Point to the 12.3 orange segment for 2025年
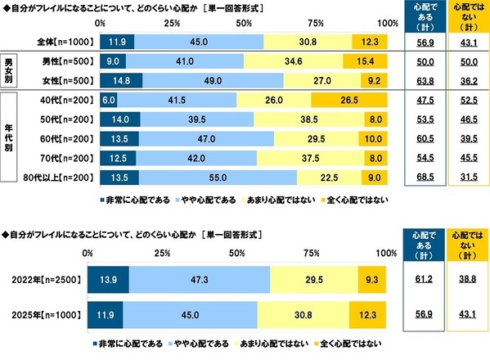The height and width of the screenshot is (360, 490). pos(365,313)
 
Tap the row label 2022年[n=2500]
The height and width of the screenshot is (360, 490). pos(46,279)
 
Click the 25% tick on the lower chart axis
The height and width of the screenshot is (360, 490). pos(161,253)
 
